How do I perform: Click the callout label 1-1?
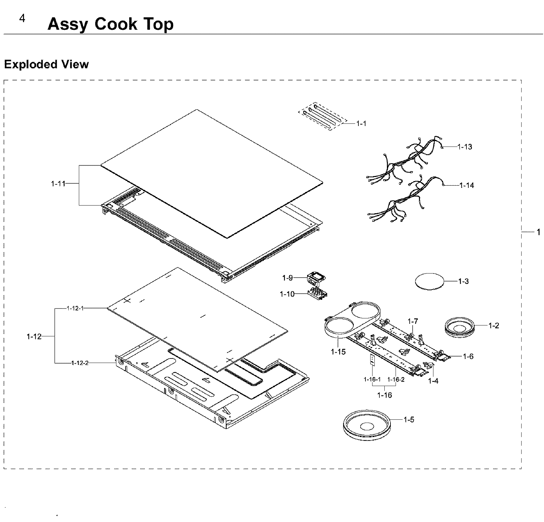click(x=361, y=123)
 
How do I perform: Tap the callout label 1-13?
click(x=464, y=147)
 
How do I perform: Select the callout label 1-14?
click(x=466, y=185)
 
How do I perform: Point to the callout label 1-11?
click(x=58, y=184)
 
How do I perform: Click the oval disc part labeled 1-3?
click(x=430, y=281)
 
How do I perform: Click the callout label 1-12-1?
click(x=75, y=308)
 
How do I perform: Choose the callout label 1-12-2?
click(x=80, y=363)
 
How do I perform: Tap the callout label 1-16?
click(x=384, y=395)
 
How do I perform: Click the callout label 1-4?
click(x=433, y=381)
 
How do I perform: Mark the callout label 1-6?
click(x=468, y=356)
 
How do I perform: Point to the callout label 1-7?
click(x=413, y=321)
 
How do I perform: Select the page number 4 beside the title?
click(x=22, y=19)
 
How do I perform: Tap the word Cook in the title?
click(x=116, y=24)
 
